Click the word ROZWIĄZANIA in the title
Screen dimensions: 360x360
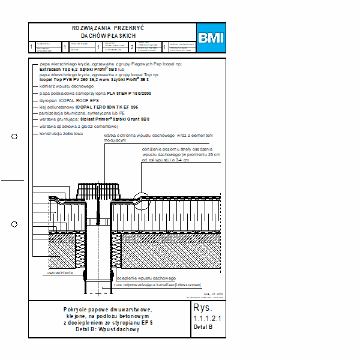tap(90, 28)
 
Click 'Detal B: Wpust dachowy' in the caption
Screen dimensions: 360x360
tap(108, 330)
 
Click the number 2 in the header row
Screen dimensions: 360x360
tap(132, 46)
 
